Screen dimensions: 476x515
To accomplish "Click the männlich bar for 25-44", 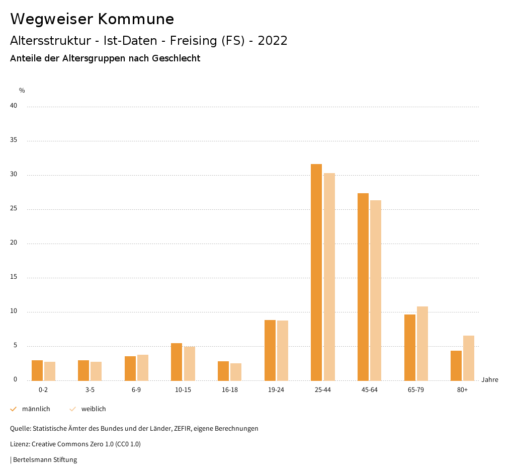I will pos(316,272).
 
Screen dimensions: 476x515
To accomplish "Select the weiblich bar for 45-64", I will pos(376,290).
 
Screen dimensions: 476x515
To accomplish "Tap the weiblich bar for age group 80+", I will pos(469,358).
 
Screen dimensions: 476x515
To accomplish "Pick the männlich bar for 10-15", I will pos(177,362).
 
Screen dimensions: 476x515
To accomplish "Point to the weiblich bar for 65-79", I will pos(422,343).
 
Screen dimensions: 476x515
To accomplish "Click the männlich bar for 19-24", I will pos(270,350).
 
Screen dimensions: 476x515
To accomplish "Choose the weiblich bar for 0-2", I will pos(50,371).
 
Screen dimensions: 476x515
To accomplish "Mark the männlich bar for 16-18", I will pos(223,371).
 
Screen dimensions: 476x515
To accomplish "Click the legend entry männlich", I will pos(36,409).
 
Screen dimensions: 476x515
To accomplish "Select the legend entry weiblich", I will pos(94,409).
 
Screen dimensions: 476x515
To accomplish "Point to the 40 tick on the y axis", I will pos(14,106).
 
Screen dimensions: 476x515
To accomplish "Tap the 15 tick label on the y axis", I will pos(14,277).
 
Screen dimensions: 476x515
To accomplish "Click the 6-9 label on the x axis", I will pos(136,390).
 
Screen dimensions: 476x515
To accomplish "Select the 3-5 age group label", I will pos(90,390).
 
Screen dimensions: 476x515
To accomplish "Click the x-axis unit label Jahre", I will pos(490,380).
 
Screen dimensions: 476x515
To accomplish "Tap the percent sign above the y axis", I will pos(22,91).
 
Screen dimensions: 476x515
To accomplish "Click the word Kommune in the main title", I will pos(136,19).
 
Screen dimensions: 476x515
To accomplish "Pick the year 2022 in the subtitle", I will pos(272,41).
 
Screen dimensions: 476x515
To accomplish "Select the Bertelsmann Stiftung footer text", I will pos(45,460).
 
